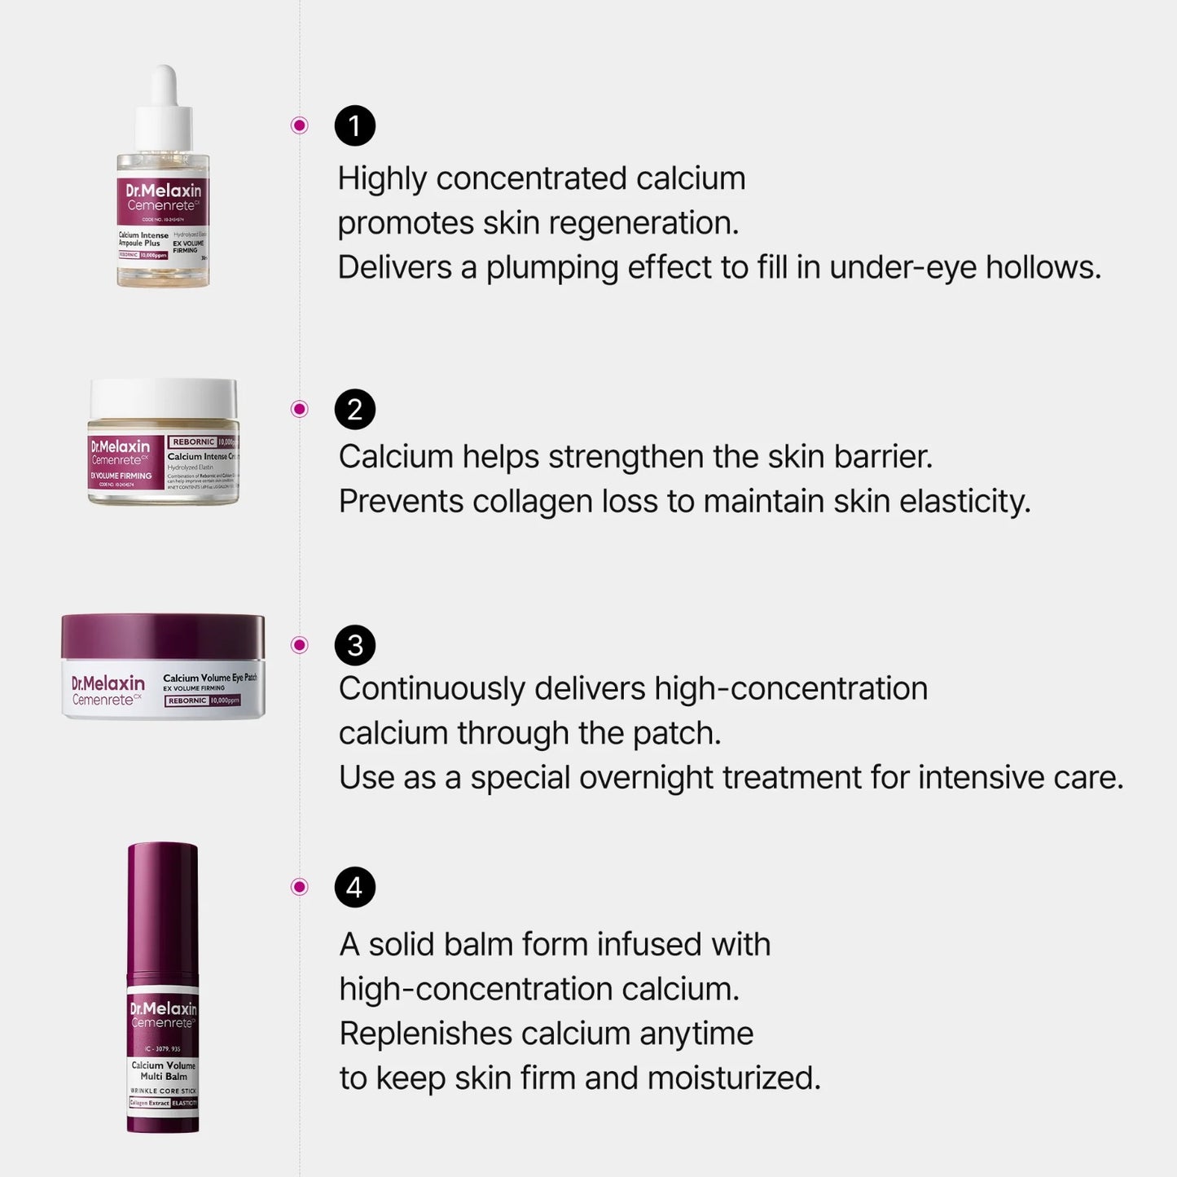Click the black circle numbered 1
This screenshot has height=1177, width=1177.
pyautogui.click(x=355, y=125)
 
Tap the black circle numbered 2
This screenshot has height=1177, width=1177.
pyautogui.click(x=355, y=409)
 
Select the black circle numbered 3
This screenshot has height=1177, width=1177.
pyautogui.click(x=355, y=645)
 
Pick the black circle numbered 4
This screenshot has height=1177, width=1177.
pyautogui.click(x=355, y=887)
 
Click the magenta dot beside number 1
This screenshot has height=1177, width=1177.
pyautogui.click(x=300, y=125)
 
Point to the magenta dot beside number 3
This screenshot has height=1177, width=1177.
pyautogui.click(x=300, y=645)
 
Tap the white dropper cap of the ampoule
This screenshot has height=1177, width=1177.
pyautogui.click(x=165, y=110)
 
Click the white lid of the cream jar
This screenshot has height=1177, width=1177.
pyautogui.click(x=163, y=398)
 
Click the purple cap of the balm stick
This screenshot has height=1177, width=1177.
pyautogui.click(x=163, y=904)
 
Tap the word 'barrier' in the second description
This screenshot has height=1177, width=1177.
pyautogui.click(x=883, y=457)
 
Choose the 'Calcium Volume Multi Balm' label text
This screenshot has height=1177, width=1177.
pyautogui.click(x=164, y=1070)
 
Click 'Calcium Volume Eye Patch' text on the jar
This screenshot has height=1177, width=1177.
pyautogui.click(x=209, y=678)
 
